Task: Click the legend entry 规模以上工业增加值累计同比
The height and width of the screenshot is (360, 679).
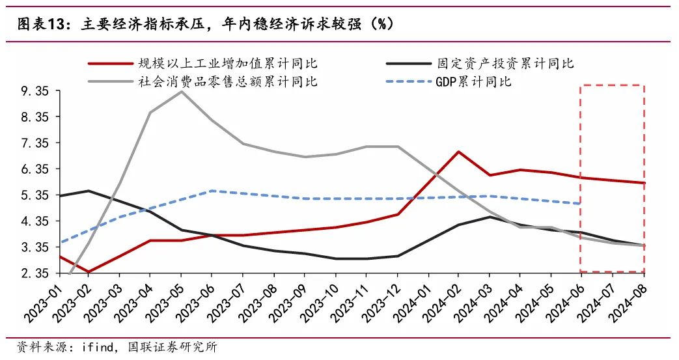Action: pyautogui.click(x=227, y=63)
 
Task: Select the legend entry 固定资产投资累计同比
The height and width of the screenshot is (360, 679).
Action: pyautogui.click(x=505, y=63)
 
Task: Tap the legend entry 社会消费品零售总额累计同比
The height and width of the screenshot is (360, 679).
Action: pyautogui.click(x=227, y=82)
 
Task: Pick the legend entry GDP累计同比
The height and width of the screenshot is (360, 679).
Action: pyautogui.click(x=473, y=82)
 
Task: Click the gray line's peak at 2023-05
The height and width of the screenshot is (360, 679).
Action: pyautogui.click(x=181, y=91)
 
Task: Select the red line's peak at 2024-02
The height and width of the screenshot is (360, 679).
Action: pyautogui.click(x=459, y=152)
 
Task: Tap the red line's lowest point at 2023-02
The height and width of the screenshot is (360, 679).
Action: pyautogui.click(x=88, y=271)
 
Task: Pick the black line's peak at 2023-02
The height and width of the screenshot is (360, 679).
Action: pyautogui.click(x=88, y=191)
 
